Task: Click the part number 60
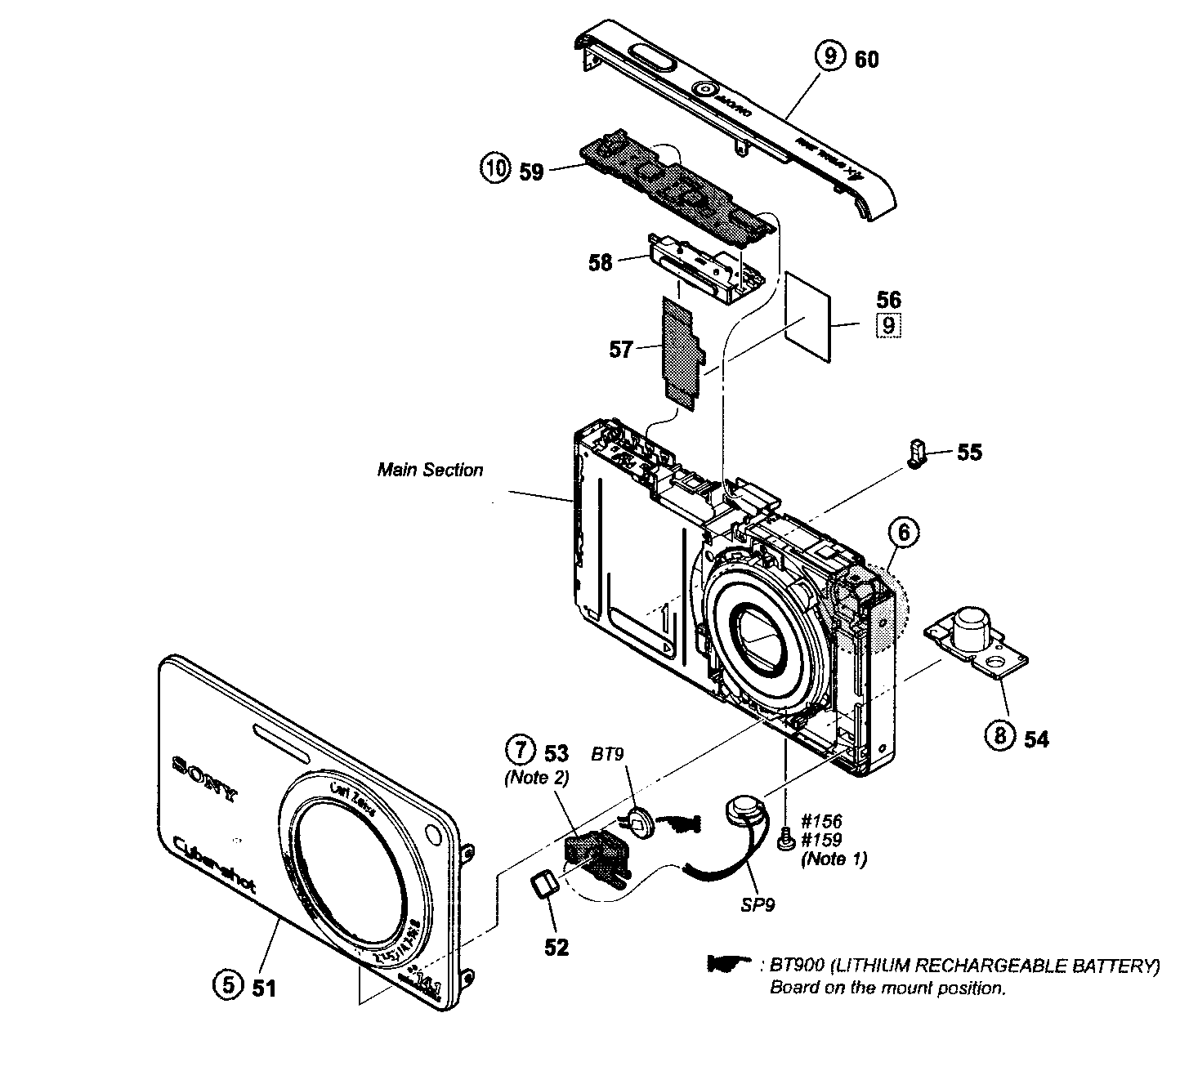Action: pyautogui.click(x=867, y=59)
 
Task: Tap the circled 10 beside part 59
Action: pyautogui.click(x=493, y=171)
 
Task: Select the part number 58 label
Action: pyautogui.click(x=601, y=263)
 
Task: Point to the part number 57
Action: pyautogui.click(x=621, y=350)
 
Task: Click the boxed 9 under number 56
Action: pyautogui.click(x=889, y=326)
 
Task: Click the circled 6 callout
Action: pyautogui.click(x=903, y=533)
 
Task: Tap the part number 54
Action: pyautogui.click(x=1036, y=739)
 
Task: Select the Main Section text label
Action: pyautogui.click(x=430, y=470)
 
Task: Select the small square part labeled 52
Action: pyautogui.click(x=543, y=884)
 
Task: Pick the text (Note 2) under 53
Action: pyautogui.click(x=536, y=778)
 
